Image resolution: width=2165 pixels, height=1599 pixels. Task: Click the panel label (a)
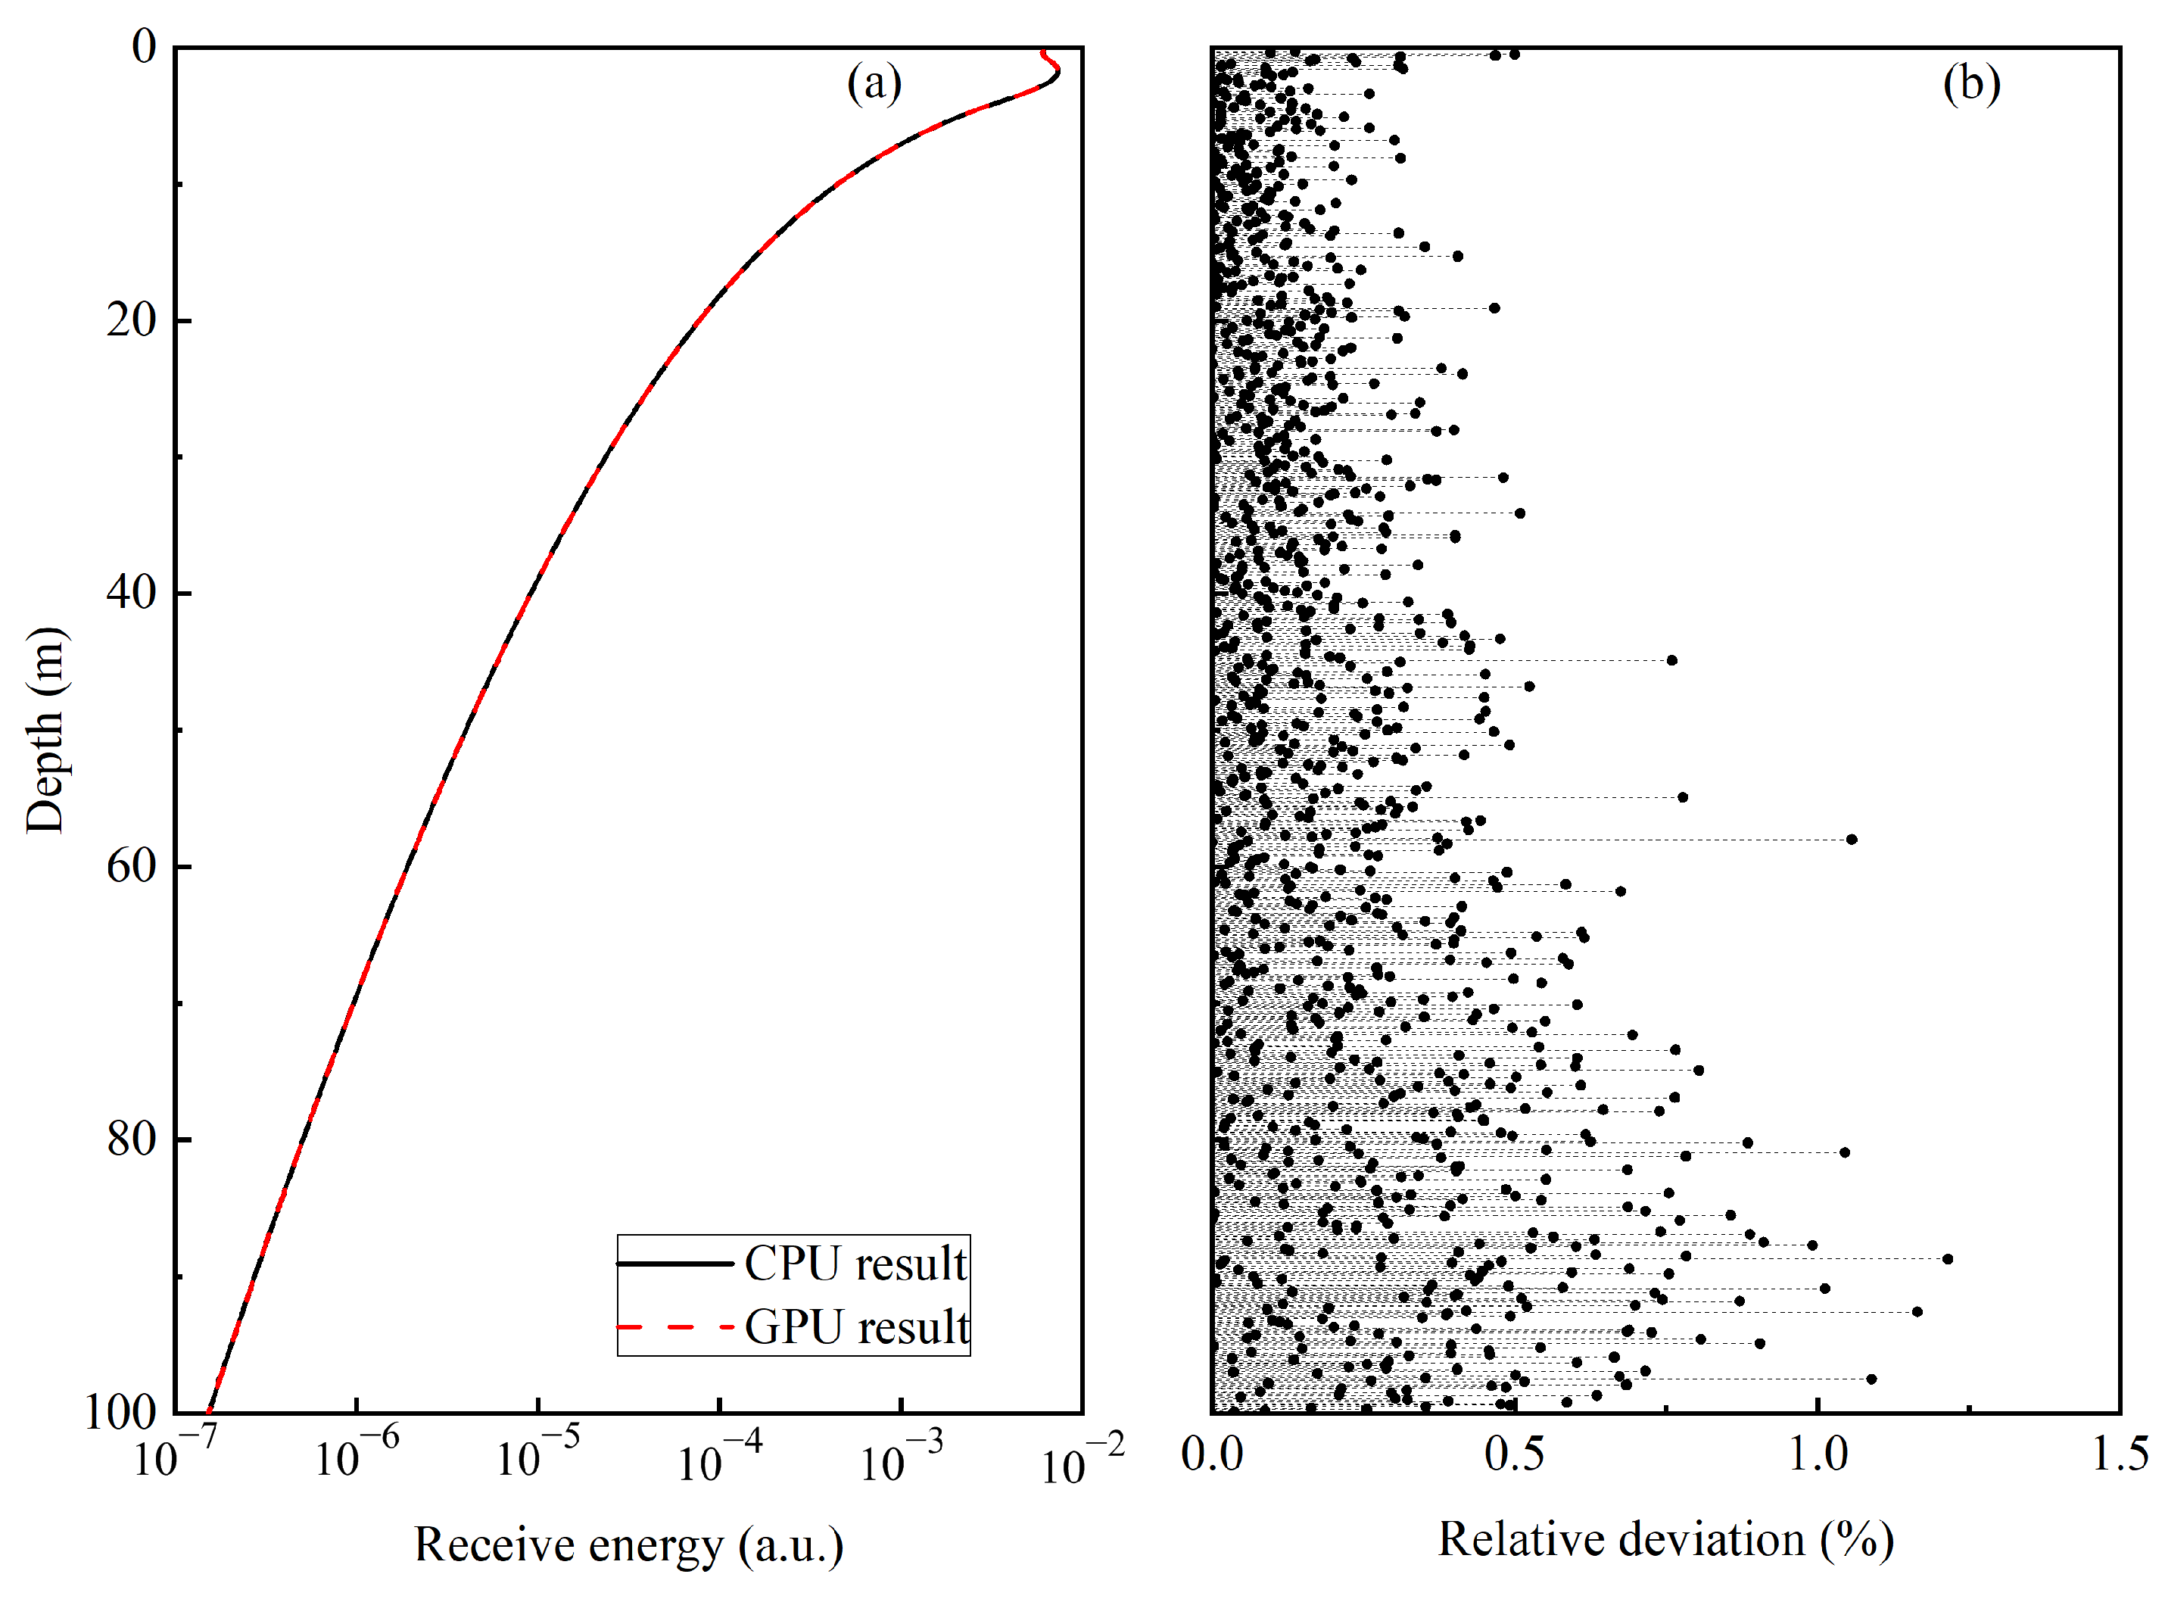[x=874, y=83]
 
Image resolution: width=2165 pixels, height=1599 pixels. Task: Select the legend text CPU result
[x=855, y=1264]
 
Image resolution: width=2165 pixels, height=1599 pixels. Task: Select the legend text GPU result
[x=858, y=1327]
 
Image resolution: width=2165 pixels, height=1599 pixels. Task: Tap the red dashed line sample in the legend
[x=674, y=1327]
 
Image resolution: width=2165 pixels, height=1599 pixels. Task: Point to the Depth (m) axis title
[x=45, y=730]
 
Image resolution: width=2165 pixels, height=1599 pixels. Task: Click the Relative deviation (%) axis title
[x=1665, y=1540]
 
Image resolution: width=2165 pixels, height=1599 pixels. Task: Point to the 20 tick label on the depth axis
[x=132, y=319]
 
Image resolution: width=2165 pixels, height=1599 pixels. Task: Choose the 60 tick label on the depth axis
[x=132, y=865]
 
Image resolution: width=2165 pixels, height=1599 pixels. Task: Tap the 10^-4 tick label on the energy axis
[x=719, y=1457]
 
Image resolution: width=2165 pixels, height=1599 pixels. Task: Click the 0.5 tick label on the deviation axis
[x=1514, y=1454]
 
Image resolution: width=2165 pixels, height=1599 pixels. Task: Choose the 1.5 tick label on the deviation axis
[x=2120, y=1454]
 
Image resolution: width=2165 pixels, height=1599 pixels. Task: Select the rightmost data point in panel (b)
[x=1947, y=1259]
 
